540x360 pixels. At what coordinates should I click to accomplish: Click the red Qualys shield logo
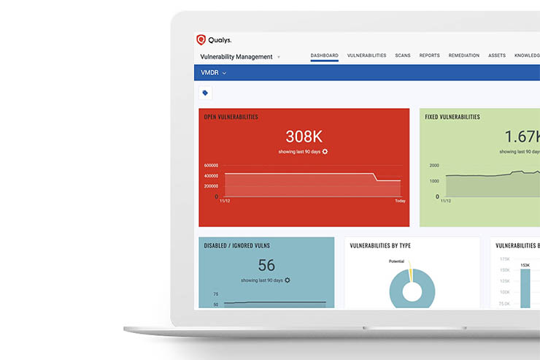click(x=201, y=40)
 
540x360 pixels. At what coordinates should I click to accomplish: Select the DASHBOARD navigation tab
click(x=324, y=55)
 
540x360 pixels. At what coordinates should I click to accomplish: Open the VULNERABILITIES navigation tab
click(x=366, y=55)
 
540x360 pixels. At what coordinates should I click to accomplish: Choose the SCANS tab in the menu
click(x=403, y=55)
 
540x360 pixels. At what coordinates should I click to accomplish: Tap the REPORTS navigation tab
click(x=429, y=55)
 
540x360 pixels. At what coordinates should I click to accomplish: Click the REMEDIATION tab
click(x=464, y=55)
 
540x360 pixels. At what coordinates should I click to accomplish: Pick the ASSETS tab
click(x=497, y=55)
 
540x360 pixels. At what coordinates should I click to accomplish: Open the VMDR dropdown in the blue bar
click(x=214, y=73)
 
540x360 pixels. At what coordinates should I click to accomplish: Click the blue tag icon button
click(x=205, y=93)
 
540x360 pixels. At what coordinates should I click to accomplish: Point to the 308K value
click(x=303, y=137)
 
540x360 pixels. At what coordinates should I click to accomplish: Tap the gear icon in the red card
click(x=325, y=151)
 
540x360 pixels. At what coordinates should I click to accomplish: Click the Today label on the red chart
click(x=400, y=200)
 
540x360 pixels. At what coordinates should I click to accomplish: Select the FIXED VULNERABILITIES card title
click(x=453, y=117)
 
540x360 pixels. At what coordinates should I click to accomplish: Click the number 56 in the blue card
click(x=266, y=265)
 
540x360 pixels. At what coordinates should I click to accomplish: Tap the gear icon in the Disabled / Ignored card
click(x=288, y=280)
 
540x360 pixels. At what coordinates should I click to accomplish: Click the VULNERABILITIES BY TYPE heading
click(x=380, y=245)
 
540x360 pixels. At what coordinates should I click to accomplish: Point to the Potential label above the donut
click(x=396, y=261)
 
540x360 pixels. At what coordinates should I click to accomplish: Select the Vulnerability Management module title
click(x=236, y=56)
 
